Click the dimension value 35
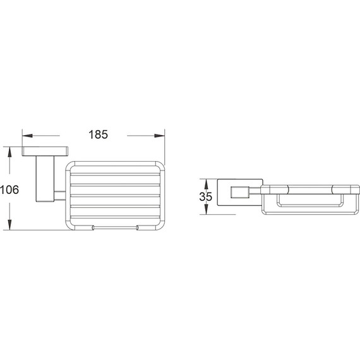coord(206,196)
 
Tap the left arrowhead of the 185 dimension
coord(27,135)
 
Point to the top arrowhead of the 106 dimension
coord(9,152)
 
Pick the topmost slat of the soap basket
coord(114,171)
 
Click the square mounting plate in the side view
coord(222,195)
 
